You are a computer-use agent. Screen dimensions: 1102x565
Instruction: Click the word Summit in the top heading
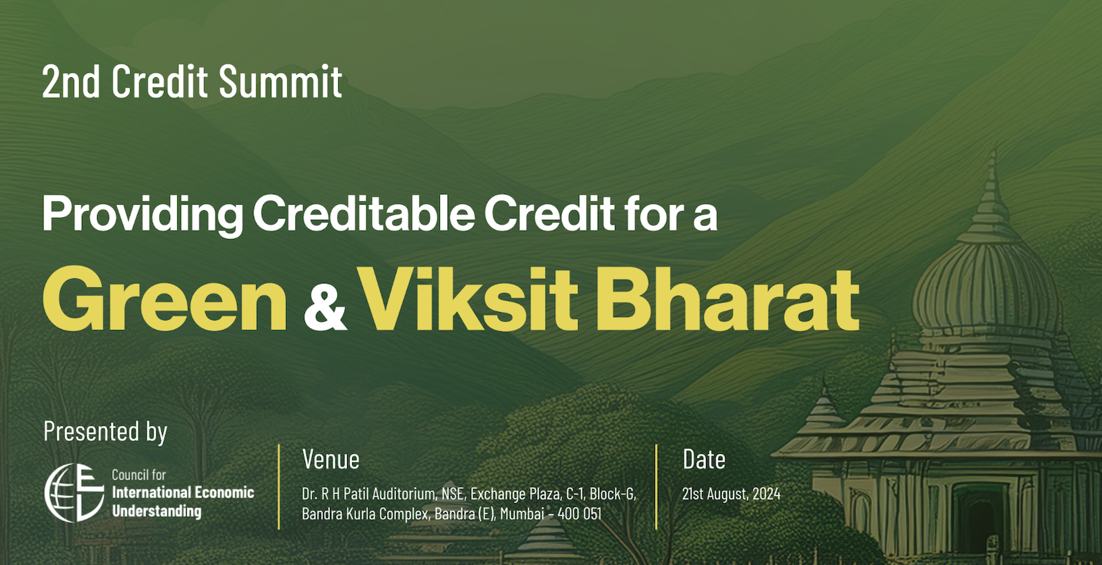coord(280,81)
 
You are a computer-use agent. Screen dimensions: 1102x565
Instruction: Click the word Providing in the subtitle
coord(143,214)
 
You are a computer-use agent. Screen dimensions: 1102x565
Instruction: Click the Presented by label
coord(105,432)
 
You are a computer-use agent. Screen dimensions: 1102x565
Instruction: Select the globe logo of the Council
coord(74,493)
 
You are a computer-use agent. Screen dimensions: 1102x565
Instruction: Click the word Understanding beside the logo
coord(157,512)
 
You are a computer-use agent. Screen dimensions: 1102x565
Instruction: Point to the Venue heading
coord(331,459)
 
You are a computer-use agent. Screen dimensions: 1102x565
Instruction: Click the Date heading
coord(704,459)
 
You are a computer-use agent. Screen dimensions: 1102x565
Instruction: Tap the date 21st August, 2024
coord(731,493)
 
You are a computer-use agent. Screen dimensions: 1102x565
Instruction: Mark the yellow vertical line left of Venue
coord(279,486)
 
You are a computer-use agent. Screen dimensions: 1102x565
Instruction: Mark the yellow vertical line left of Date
coord(656,486)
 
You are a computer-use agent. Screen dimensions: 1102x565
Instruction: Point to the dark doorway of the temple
coord(979,522)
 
